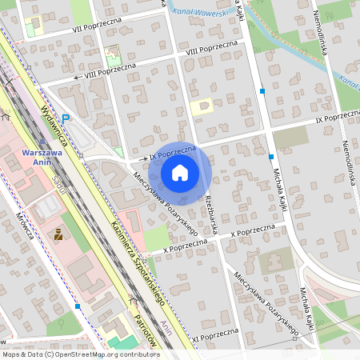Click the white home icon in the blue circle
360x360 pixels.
(180, 172)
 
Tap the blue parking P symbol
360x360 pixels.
(66, 118)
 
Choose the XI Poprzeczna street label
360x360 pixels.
(214, 334)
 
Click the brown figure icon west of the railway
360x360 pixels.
(58, 234)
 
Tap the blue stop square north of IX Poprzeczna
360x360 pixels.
(262, 92)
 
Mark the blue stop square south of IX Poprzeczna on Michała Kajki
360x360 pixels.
(271, 156)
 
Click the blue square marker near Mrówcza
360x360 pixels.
(77, 306)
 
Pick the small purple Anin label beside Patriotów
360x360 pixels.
(166, 325)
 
